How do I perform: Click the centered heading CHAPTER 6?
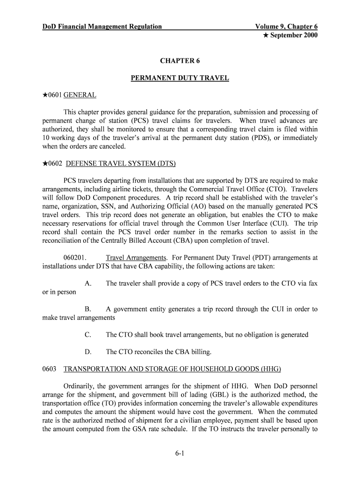(180, 61)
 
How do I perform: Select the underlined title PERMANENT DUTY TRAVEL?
(180, 78)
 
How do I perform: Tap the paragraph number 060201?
(75, 258)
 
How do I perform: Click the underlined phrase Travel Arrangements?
(136, 258)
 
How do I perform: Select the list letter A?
(88, 283)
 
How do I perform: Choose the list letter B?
(88, 309)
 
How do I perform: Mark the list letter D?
(88, 352)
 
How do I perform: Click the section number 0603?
(50, 369)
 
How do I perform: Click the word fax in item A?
(312, 283)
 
